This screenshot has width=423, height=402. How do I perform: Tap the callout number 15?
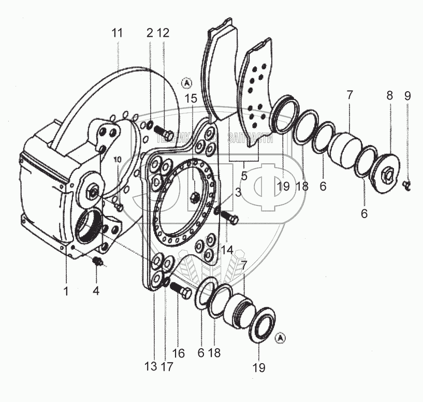pyautogui.click(x=191, y=98)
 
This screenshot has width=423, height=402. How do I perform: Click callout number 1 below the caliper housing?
pyautogui.click(x=66, y=291)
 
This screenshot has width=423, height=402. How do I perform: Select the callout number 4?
pyautogui.click(x=95, y=291)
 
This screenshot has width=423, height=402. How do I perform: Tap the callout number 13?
pyautogui.click(x=150, y=367)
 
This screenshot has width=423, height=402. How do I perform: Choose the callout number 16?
pyautogui.click(x=178, y=354)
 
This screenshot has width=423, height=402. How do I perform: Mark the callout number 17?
pyautogui.click(x=167, y=367)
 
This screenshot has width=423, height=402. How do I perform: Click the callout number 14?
pyautogui.click(x=226, y=250)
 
